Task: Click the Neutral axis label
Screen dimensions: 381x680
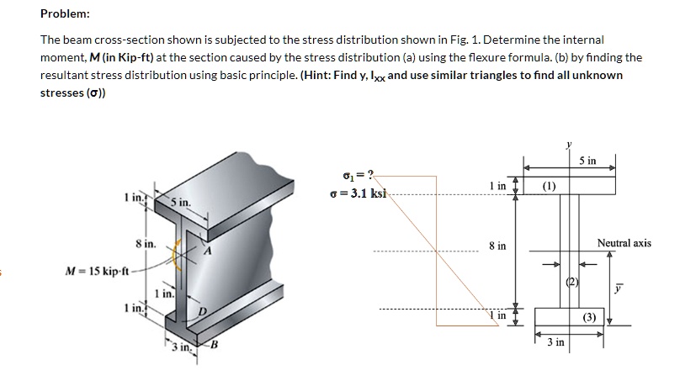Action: pos(624,243)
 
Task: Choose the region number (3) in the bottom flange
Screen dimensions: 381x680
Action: pos(588,317)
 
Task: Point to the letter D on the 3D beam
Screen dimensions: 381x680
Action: pos(201,313)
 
